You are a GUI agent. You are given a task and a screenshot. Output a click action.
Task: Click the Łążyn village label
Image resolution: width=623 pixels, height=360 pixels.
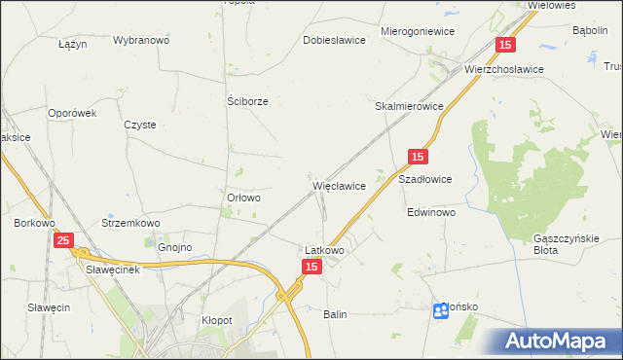[x=73, y=45]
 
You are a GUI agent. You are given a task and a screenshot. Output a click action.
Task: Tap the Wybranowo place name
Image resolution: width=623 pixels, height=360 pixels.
[x=141, y=41]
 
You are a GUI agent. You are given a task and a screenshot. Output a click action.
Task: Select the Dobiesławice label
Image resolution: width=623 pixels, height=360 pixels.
[x=334, y=41]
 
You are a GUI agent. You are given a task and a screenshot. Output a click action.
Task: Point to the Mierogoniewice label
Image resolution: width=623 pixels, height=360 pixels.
[x=419, y=31]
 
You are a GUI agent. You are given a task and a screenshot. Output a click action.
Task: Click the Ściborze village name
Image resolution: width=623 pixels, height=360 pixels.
[x=247, y=100]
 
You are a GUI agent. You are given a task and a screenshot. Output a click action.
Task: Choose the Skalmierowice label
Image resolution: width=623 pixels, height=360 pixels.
[x=410, y=106]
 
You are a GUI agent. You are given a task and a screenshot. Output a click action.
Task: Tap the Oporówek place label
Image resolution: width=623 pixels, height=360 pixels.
[x=74, y=113]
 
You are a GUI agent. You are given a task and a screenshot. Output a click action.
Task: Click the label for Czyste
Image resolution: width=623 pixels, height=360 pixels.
[x=140, y=125]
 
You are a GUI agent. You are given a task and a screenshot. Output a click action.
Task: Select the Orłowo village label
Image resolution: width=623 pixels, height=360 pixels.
[x=243, y=198]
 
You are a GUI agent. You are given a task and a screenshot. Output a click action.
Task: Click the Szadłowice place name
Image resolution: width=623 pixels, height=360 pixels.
[x=425, y=180]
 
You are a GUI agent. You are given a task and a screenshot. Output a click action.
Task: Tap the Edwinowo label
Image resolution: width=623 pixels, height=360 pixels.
[x=431, y=212]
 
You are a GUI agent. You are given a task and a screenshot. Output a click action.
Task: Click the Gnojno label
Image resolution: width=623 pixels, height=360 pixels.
[x=174, y=248]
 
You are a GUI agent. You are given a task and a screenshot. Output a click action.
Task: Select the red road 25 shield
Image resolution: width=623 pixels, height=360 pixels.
[x=63, y=239]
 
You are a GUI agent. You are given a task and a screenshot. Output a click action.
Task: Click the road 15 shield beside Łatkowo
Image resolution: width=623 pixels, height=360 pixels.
[x=311, y=267]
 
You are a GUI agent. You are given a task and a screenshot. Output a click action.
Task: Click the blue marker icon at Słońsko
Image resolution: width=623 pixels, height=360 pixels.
[x=440, y=310]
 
